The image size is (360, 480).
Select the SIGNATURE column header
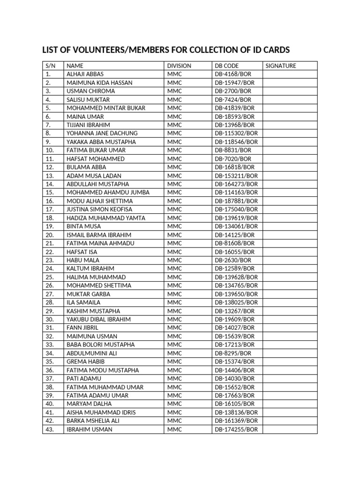(x=281, y=66)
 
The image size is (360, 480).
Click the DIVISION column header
(x=179, y=66)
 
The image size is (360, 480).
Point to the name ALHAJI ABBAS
(x=85, y=74)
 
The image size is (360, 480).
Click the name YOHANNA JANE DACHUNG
(x=102, y=134)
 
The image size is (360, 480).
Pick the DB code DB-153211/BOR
(x=236, y=176)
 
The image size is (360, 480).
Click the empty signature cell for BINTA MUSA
(x=290, y=226)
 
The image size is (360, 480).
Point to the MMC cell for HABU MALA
(x=174, y=260)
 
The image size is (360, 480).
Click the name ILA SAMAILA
(x=83, y=302)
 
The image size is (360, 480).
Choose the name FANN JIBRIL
(x=82, y=328)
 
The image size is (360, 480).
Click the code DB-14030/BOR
(x=235, y=378)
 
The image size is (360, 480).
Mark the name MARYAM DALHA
(x=87, y=404)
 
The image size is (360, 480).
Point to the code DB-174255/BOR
(x=236, y=429)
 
